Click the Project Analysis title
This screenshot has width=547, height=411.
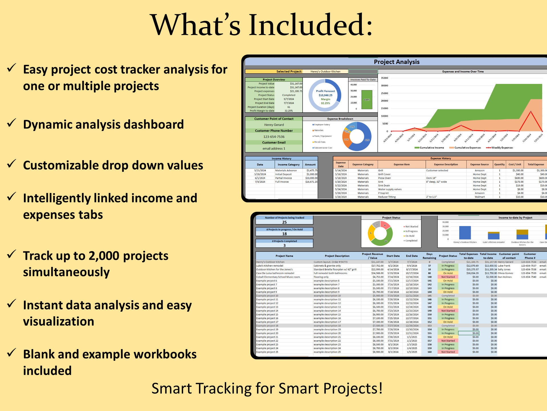[x=396, y=62]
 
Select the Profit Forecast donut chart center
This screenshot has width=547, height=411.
[x=325, y=95]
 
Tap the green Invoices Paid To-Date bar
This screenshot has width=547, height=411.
[x=367, y=100]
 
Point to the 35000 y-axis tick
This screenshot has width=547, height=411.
[x=384, y=78]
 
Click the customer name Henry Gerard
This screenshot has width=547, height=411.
[x=274, y=125]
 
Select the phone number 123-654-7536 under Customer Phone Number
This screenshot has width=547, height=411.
[x=274, y=137]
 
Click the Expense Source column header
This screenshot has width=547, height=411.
[x=479, y=164]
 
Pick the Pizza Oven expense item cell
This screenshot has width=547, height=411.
[x=384, y=178]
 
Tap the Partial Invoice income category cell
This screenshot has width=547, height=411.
[x=283, y=178]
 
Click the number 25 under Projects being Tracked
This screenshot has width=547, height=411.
[x=284, y=222]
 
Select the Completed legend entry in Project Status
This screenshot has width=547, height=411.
[x=411, y=241]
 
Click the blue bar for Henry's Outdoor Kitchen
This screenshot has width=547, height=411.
[x=465, y=233]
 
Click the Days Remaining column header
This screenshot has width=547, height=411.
[x=429, y=256]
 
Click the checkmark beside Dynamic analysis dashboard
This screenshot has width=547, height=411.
[x=11, y=123]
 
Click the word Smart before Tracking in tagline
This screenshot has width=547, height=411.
[x=171, y=388]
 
